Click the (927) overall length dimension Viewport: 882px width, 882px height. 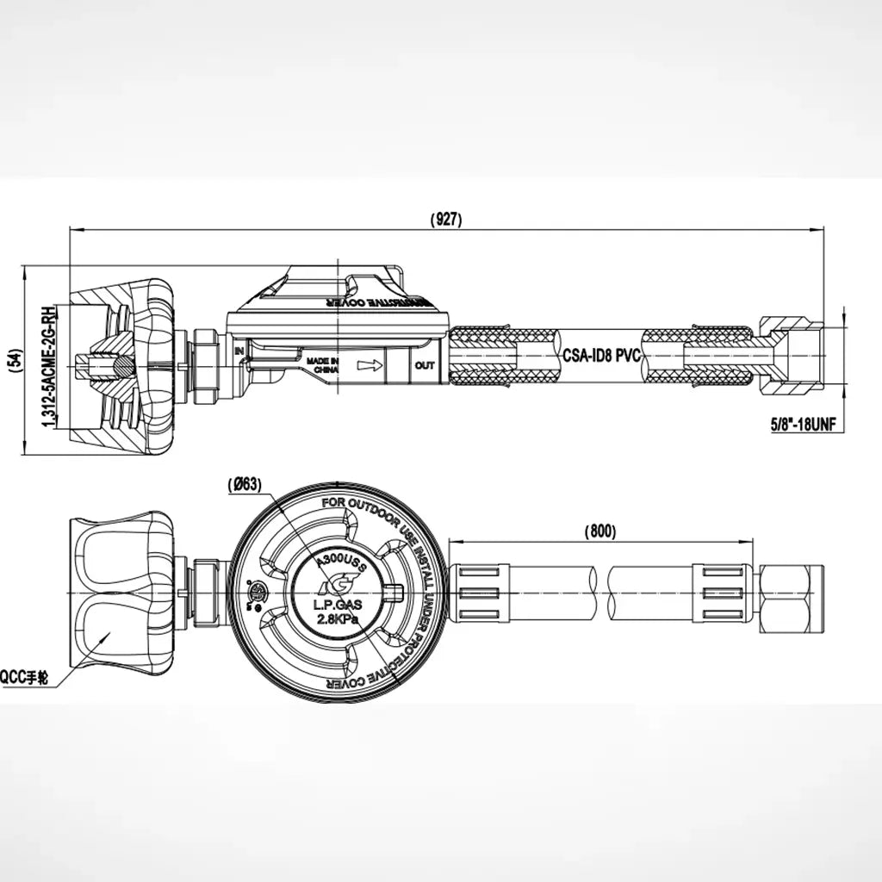pos(446,220)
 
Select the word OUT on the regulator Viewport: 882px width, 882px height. pos(425,365)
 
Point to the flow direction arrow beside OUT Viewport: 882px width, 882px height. pos(370,365)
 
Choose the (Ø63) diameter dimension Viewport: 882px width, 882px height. pos(245,485)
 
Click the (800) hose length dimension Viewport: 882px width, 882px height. pos(599,531)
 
